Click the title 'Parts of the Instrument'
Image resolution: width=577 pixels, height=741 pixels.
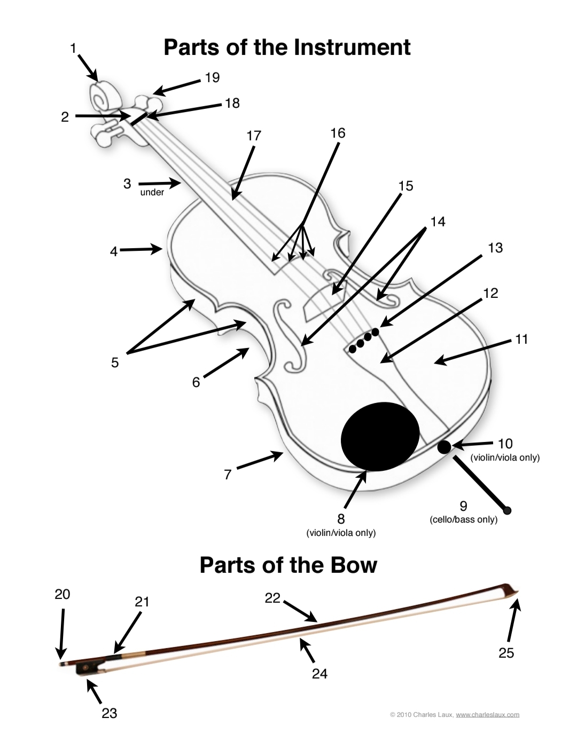pos(287,48)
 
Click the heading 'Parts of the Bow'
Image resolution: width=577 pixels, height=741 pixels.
pos(288,565)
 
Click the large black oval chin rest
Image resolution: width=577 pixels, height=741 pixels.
pos(380,437)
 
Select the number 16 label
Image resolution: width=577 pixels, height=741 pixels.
pos(338,133)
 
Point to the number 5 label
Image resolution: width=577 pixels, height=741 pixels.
pos(115,363)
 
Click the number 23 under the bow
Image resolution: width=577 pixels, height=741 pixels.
pos(110,713)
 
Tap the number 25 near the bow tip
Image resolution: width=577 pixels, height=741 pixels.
pos(506,653)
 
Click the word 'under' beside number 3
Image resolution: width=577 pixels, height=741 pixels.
pos(152,193)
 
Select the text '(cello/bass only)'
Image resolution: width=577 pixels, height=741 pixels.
pos(464,519)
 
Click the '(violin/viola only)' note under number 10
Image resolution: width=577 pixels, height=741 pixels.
pos(505,458)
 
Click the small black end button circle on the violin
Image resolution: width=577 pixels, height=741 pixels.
pos(444,447)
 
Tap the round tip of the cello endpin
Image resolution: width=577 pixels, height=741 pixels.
pos(507,510)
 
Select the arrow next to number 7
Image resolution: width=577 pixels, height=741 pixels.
pos(260,461)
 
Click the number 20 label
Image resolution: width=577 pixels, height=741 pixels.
pos(62,595)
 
